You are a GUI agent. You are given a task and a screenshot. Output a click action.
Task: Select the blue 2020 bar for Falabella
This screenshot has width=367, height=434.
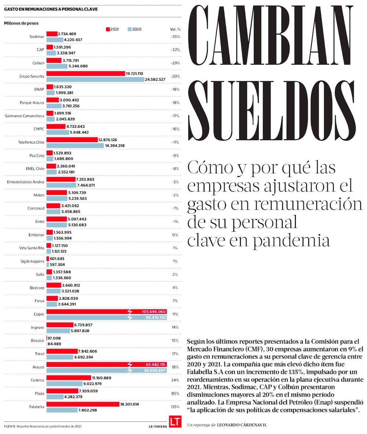(62, 410)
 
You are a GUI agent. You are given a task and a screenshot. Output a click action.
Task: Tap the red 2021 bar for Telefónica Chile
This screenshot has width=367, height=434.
(72, 140)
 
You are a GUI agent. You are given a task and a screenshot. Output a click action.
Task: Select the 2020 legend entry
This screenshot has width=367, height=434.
(135, 29)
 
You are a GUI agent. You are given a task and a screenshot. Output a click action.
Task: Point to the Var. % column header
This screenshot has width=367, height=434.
(175, 29)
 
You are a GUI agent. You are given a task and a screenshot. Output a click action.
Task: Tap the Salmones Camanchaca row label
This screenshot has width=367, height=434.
(24, 116)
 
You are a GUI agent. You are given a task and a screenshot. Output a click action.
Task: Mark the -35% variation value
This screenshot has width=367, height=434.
(175, 37)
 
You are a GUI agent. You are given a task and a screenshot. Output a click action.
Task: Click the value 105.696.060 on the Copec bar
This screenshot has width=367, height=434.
(154, 311)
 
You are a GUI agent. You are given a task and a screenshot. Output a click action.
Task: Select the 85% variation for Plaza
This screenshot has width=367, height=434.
(175, 394)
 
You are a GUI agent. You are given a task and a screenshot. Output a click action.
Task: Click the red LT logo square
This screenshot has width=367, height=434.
(175, 422)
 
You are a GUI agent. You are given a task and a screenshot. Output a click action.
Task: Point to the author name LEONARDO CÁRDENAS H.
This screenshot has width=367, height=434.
(242, 424)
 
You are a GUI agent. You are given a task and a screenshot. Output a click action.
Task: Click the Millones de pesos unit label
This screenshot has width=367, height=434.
(21, 23)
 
